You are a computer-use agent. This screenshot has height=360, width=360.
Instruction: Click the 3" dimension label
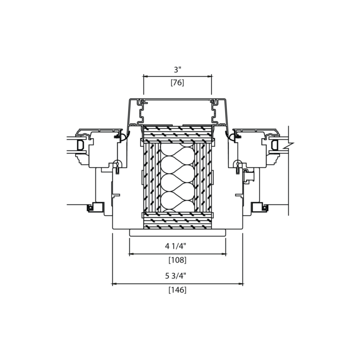177,69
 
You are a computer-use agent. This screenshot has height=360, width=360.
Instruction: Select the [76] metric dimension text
177,82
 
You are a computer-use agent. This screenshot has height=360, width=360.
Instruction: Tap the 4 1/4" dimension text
175,246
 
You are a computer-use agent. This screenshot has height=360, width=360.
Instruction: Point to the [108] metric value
177,260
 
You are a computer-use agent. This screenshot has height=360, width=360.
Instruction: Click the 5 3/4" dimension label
175,275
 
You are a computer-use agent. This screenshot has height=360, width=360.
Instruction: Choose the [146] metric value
177,290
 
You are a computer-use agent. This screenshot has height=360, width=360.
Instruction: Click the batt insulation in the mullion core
177,177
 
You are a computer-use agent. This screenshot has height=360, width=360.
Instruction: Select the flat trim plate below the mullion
177,232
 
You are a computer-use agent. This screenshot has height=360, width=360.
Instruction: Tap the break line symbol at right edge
289,145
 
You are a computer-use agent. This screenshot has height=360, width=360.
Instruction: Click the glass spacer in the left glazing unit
80,145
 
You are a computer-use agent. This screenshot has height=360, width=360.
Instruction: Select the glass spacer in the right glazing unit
274,145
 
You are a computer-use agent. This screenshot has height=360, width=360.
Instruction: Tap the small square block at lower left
98,207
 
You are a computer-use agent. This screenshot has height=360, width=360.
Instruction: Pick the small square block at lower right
257,207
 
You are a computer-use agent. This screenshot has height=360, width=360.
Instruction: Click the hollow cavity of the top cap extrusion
177,112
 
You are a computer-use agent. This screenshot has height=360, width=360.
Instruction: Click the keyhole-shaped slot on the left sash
117,166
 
